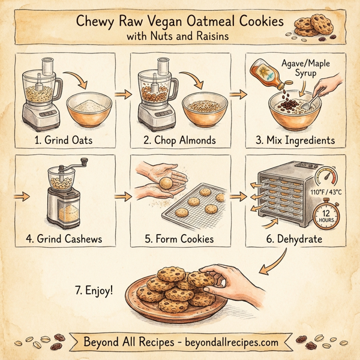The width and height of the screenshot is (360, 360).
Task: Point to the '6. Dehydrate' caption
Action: [295, 239]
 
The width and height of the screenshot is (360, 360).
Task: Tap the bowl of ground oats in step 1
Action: [89, 109]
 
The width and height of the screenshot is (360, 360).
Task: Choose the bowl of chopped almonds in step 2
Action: [203, 108]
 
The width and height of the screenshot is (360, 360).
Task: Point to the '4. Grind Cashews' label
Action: [65, 239]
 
